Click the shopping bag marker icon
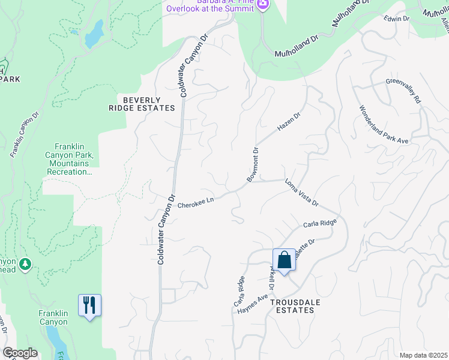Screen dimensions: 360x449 284,260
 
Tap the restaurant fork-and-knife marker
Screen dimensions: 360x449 89,305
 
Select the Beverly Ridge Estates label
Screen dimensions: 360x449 149,104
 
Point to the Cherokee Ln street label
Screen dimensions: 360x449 196,205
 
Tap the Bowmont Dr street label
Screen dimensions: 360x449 252,164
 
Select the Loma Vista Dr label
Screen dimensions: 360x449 301,192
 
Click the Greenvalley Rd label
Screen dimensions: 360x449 403,90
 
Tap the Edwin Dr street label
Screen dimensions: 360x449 397,19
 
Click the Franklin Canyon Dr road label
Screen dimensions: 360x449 25,134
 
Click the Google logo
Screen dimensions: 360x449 19,353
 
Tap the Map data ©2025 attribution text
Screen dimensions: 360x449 423,355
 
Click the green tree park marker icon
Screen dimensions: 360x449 25,264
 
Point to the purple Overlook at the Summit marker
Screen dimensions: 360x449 262,5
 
